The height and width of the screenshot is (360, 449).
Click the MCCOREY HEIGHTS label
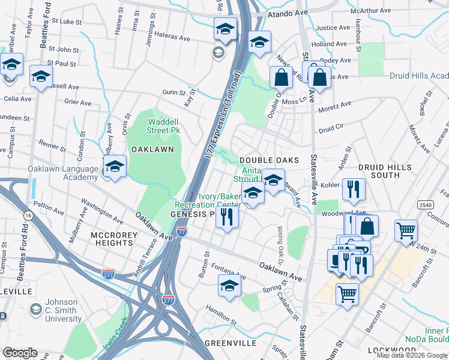tap(113, 238)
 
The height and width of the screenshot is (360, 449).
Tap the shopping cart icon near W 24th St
tap(406, 230)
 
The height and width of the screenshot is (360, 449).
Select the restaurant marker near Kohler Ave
tap(353, 189)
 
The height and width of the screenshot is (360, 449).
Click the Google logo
tap(20, 353)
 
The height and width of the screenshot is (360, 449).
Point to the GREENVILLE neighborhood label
tap(231, 343)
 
